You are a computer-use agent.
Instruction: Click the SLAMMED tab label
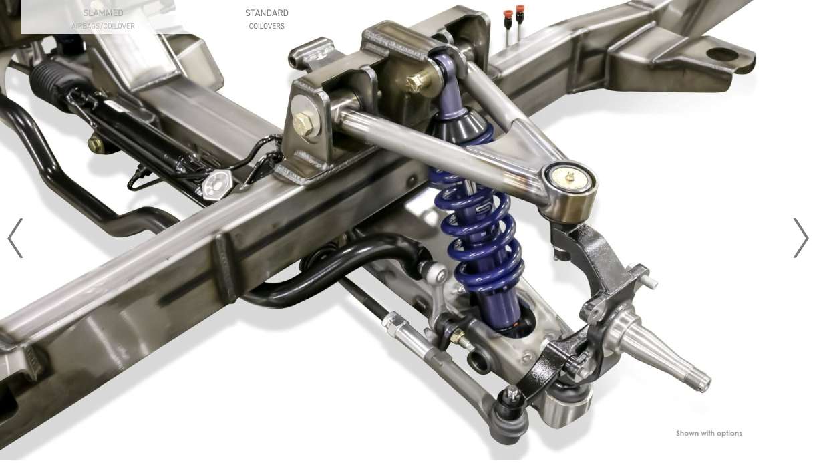click(x=103, y=13)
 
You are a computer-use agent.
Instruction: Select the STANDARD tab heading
click(x=267, y=13)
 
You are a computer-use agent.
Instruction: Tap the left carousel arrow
click(x=15, y=238)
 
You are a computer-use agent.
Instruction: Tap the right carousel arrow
click(x=801, y=238)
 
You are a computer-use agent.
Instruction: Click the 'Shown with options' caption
click(x=709, y=434)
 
